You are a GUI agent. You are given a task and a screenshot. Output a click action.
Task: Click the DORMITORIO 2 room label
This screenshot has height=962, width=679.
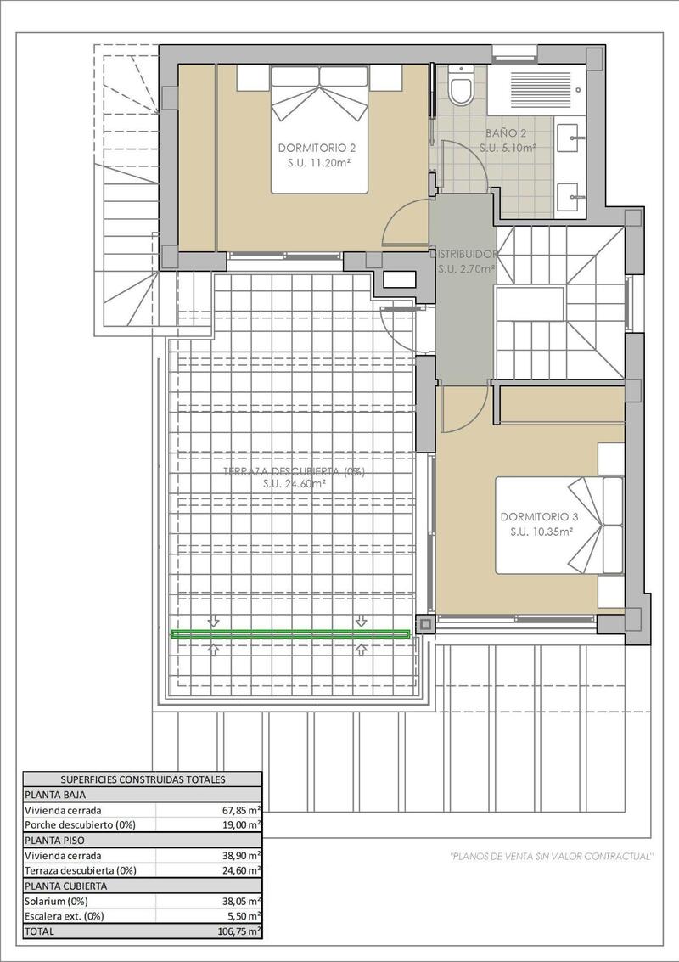[x=311, y=148]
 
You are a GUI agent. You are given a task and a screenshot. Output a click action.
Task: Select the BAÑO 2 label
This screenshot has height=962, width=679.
[x=506, y=133]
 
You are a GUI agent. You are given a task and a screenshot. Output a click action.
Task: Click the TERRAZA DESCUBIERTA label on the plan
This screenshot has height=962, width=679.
[x=294, y=471]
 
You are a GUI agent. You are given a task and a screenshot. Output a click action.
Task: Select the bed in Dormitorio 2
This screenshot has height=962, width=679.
[x=320, y=127]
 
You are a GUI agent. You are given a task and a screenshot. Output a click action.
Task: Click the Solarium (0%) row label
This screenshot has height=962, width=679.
[x=56, y=901]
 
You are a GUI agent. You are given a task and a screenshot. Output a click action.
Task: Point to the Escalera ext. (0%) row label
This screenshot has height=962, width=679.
[x=65, y=916]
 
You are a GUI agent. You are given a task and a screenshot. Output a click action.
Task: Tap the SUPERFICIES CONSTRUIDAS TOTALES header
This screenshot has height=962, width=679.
[x=143, y=779]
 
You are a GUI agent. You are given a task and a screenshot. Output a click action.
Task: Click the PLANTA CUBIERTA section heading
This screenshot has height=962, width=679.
[x=66, y=886]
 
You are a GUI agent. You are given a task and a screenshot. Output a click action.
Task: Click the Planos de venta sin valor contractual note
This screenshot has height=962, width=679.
[x=551, y=855]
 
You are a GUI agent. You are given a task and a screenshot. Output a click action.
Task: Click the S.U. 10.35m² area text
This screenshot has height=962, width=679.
[x=542, y=532]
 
